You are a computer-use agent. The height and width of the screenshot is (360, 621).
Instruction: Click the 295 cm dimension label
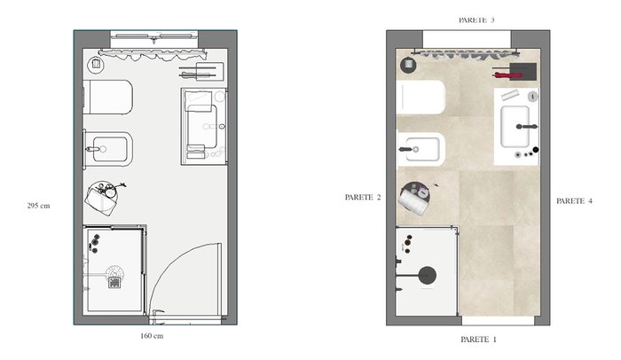(x=38, y=206)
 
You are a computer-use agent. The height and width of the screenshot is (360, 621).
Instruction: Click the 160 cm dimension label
(x=152, y=336)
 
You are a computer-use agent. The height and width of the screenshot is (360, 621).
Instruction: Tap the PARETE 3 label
(x=476, y=20)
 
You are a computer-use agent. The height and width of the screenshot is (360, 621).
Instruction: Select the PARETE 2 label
(x=363, y=197)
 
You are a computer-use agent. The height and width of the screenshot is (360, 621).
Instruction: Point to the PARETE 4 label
(x=574, y=201)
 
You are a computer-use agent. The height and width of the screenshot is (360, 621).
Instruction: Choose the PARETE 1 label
(x=478, y=340)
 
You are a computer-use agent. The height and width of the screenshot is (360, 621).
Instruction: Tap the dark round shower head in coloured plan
(x=428, y=275)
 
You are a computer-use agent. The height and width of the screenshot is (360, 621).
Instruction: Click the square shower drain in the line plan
(x=114, y=282)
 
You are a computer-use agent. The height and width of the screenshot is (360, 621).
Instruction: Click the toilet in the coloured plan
(x=421, y=98)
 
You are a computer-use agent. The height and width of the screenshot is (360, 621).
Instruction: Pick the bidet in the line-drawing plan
(x=107, y=149)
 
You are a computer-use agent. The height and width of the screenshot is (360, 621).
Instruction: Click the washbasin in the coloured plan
(x=515, y=126)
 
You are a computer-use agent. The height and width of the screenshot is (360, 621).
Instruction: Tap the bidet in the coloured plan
(x=421, y=149)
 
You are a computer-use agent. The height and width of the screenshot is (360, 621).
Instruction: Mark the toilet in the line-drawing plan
(x=107, y=98)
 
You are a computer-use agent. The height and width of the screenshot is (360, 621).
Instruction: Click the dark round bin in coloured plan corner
(x=408, y=65)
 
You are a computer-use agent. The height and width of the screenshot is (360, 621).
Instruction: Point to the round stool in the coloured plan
(x=414, y=199)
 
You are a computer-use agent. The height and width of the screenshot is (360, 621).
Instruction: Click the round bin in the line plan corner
(x=96, y=65)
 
